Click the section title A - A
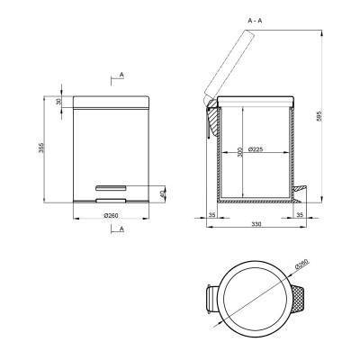(x=255, y=21)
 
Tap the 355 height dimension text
(x=41, y=148)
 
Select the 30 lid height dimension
(x=58, y=102)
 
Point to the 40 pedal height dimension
(x=163, y=194)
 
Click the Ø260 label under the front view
(x=111, y=215)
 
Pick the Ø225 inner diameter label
(x=256, y=149)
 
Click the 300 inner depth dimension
(x=239, y=153)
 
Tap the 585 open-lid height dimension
(x=319, y=116)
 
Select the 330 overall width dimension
(x=256, y=224)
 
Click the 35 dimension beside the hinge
(x=211, y=215)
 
